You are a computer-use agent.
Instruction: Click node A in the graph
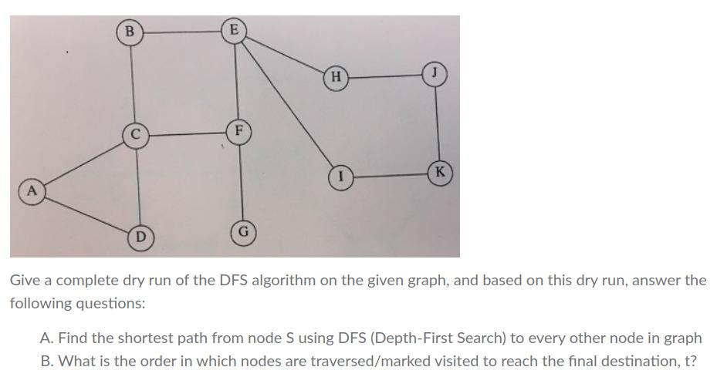[x=32, y=189]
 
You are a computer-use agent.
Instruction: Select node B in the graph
[x=129, y=32]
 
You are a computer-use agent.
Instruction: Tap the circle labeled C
[x=135, y=134]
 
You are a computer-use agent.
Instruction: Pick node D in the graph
[x=140, y=236]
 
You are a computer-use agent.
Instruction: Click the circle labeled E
[x=232, y=31]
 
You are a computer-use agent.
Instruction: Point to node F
[x=239, y=130]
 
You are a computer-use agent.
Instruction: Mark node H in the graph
[x=335, y=76]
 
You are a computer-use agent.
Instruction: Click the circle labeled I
[x=340, y=177]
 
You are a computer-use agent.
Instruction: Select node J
[x=435, y=75]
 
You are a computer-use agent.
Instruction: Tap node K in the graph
[x=440, y=172]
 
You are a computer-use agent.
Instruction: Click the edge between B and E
[x=181, y=32]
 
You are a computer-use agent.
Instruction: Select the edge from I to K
[x=390, y=175]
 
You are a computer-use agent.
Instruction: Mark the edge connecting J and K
[x=438, y=123]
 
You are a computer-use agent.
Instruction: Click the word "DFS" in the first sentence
[x=241, y=281]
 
